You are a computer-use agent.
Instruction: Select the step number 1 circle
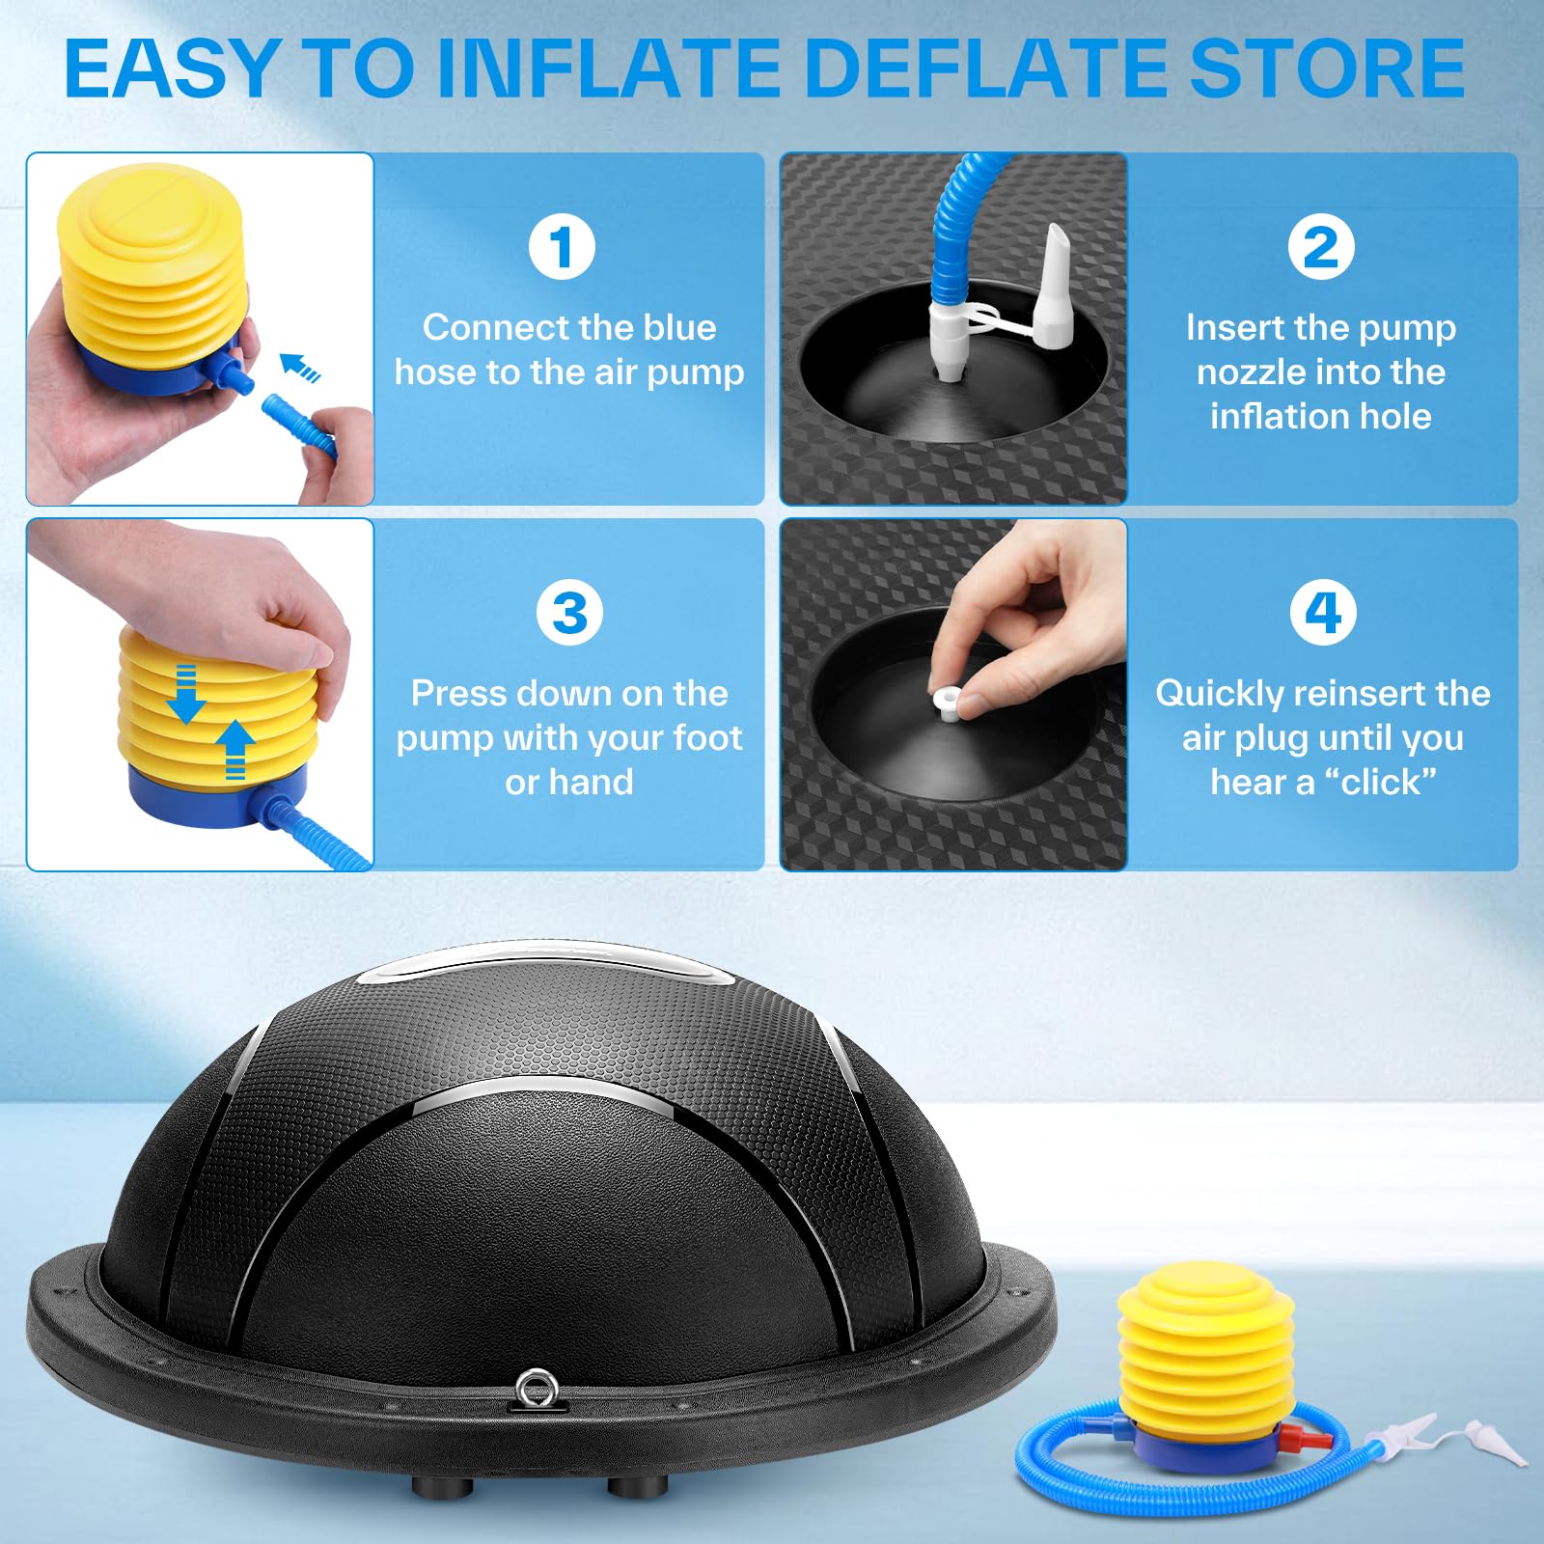coord(562,247)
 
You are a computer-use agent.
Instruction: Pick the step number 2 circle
coord(1321,247)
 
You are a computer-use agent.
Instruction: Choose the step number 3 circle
coord(569,613)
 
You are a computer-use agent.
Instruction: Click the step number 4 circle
coord(1323,613)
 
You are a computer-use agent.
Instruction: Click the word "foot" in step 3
coord(707,738)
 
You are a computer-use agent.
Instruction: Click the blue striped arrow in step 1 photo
coord(299,368)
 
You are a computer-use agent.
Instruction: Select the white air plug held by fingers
coord(947,703)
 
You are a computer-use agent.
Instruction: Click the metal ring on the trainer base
coord(534,1391)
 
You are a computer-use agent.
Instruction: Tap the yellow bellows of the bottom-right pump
coord(1205,1350)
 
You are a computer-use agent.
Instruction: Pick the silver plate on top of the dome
coord(545,965)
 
